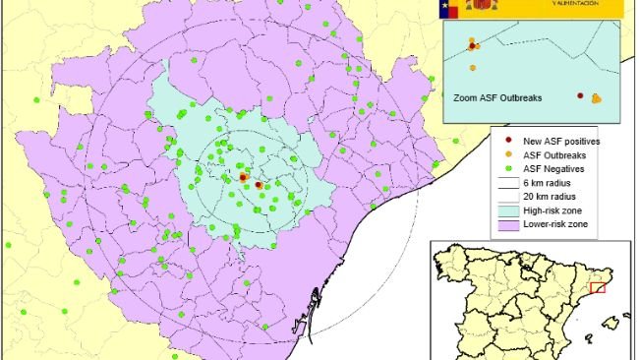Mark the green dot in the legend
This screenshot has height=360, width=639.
coord(508,168)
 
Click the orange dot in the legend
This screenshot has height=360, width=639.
coord(508,155)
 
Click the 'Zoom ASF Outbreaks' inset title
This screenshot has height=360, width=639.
coord(497,98)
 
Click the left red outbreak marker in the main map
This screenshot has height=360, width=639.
coord(243,177)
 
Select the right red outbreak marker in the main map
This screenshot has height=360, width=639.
coord(259,184)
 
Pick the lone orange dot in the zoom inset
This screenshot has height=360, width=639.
coord(473,68)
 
